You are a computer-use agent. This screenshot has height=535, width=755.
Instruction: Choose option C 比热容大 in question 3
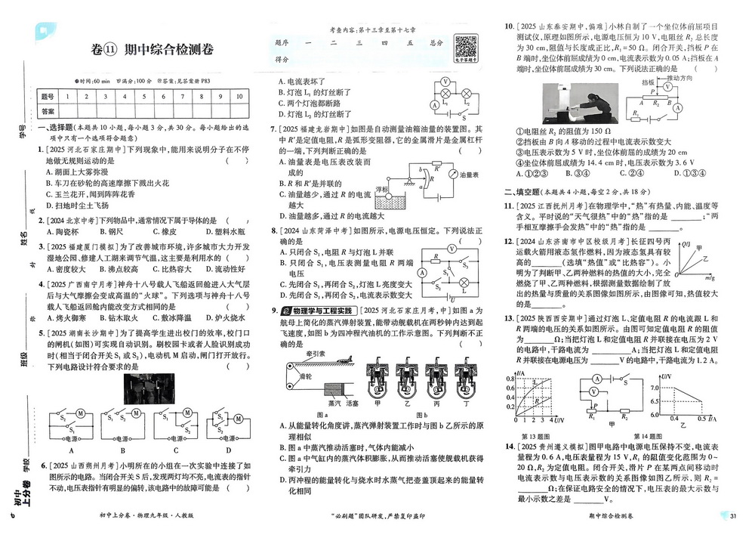163,269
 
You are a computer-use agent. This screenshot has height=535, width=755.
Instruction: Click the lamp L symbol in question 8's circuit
464,287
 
